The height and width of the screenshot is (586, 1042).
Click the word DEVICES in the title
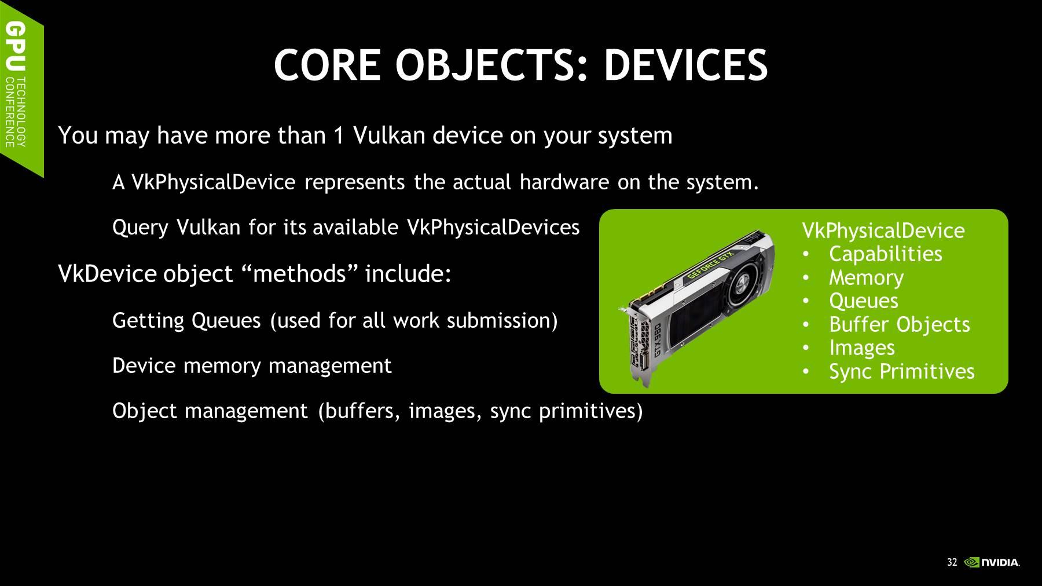pos(685,64)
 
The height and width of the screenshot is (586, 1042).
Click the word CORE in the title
pos(326,64)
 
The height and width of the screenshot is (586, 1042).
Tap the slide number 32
pos(952,562)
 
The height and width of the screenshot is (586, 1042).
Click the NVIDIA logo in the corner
pos(992,562)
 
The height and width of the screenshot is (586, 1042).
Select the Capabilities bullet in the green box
pos(885,254)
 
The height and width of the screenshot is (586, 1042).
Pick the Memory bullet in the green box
pos(866,277)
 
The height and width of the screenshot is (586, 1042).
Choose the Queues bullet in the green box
pos(864,301)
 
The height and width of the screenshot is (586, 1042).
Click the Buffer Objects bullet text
pos(899,324)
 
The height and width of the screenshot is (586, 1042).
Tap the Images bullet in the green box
pos(862,348)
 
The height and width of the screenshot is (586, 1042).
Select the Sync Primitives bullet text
pos(902,372)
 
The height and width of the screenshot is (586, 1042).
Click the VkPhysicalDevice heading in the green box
pos(883,231)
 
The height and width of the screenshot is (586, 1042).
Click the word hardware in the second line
pos(564,182)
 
